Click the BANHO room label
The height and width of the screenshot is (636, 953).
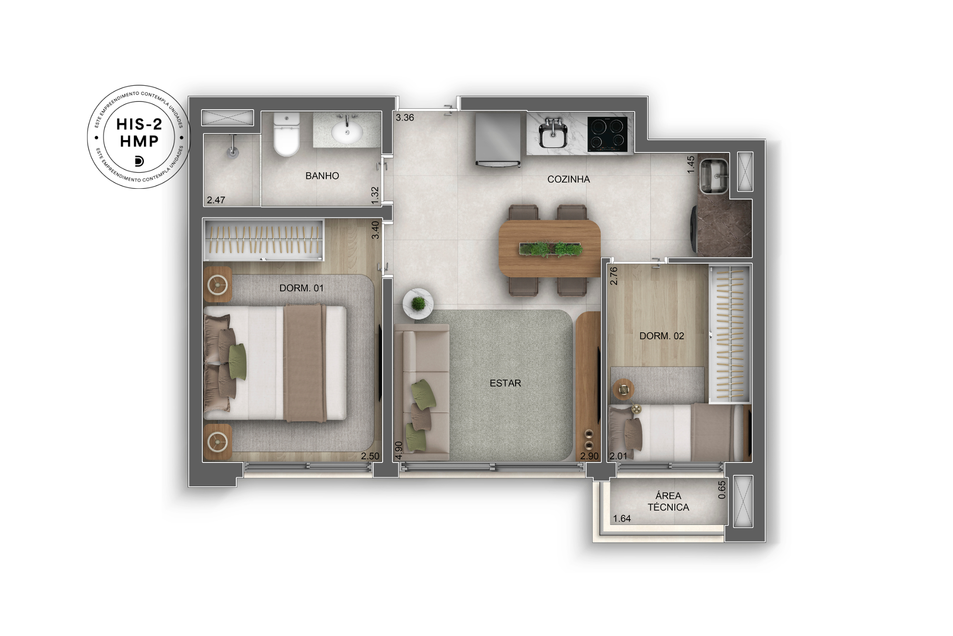[x=322, y=176]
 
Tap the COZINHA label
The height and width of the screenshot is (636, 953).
[x=568, y=179]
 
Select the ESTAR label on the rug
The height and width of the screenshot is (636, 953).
[x=505, y=383]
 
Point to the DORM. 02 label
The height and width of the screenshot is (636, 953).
[x=661, y=336]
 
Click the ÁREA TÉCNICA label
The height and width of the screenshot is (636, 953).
[x=668, y=502]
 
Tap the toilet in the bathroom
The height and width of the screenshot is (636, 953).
[x=286, y=134]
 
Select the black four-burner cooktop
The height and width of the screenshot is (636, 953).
[x=607, y=134]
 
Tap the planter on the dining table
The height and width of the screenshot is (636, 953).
[x=550, y=249]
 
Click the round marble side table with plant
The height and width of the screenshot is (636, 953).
[x=418, y=304]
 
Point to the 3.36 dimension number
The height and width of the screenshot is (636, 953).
[x=405, y=118]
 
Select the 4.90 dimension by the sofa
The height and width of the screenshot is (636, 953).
[x=399, y=450]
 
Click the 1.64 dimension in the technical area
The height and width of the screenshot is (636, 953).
[x=622, y=519]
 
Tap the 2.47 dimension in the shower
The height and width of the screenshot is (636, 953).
[x=216, y=200]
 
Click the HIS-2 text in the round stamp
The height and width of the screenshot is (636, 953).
[x=139, y=124]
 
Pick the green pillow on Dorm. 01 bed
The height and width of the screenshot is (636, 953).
[x=237, y=361]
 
